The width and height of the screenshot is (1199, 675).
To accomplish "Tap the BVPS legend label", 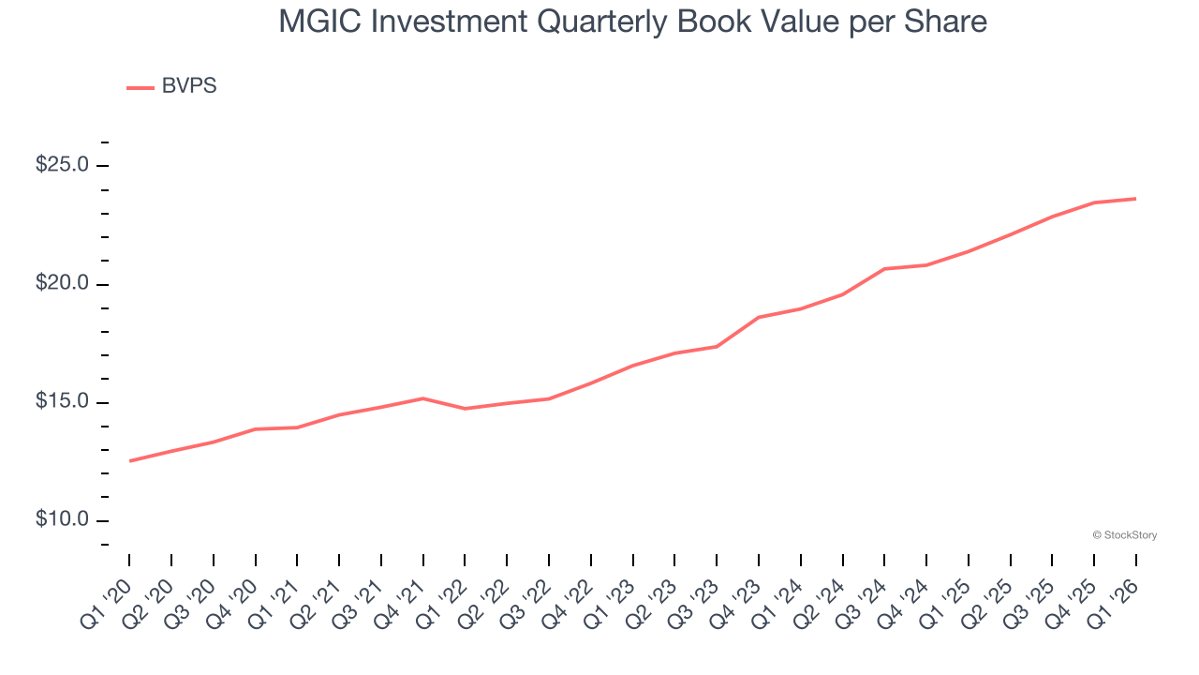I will click(x=188, y=86).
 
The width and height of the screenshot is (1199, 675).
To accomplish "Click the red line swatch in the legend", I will click(x=141, y=87).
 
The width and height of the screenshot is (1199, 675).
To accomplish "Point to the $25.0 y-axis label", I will click(x=62, y=165).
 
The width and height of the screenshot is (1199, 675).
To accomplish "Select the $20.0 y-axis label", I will click(x=62, y=284).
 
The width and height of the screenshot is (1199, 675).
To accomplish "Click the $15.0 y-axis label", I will click(x=62, y=402).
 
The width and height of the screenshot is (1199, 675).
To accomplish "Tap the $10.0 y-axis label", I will click(x=62, y=520).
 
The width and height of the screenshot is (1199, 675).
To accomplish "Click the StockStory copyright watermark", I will click(x=1124, y=535).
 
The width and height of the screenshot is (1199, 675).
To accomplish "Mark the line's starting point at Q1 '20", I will click(x=129, y=461).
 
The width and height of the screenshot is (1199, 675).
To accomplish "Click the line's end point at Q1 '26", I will click(x=1136, y=199).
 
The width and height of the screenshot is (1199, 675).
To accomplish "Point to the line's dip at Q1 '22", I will click(x=465, y=409).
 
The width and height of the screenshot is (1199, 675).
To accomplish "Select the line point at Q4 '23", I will click(x=759, y=317).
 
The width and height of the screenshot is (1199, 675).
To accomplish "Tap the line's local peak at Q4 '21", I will click(x=423, y=398).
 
